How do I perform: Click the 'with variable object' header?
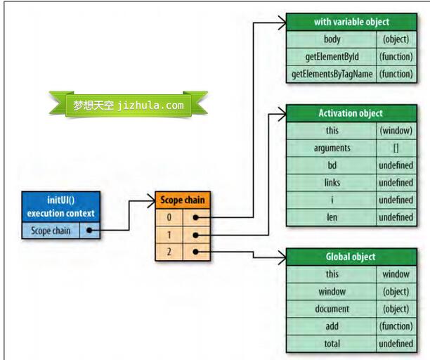click(x=351, y=22)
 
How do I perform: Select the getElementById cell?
click(x=332, y=56)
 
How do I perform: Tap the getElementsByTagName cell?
click(x=332, y=73)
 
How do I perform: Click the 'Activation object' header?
click(x=351, y=113)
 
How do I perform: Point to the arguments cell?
click(x=332, y=148)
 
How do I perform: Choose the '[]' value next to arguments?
click(x=396, y=148)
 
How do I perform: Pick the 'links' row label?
click(x=332, y=183)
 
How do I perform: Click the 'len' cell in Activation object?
click(x=332, y=217)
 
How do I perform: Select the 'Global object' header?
click(x=351, y=257)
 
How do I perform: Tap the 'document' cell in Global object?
click(x=332, y=309)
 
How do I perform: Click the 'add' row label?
click(x=332, y=326)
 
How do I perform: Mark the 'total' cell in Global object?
click(x=332, y=343)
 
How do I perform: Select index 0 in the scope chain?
click(x=169, y=217)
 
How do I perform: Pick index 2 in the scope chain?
click(x=169, y=252)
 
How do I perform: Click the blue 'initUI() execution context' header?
click(x=60, y=207)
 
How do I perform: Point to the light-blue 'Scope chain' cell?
click(x=51, y=231)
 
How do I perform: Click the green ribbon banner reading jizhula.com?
click(x=128, y=105)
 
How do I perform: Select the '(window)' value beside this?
click(x=396, y=131)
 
